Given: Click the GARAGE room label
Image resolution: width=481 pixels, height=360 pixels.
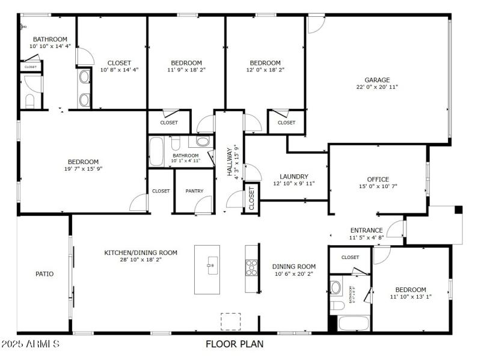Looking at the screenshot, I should [377, 79].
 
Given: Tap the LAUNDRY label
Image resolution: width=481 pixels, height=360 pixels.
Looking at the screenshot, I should [294, 177].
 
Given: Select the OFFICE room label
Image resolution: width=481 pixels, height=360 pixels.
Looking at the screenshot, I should [378, 179].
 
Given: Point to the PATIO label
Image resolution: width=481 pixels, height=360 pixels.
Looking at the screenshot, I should [44, 274].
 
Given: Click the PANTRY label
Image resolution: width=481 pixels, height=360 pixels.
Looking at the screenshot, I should [194, 191].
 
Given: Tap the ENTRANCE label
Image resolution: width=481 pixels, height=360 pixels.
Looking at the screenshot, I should [366, 230].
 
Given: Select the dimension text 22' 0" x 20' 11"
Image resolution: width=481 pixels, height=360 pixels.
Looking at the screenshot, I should [377, 87].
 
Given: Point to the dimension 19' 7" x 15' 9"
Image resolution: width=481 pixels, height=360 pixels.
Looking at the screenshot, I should [83, 169].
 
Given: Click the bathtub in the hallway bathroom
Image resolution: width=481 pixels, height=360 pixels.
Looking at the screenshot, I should [156, 151].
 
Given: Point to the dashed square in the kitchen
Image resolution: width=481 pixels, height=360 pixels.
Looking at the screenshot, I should [230, 321].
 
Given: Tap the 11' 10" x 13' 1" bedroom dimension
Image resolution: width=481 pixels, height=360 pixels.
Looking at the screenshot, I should [411, 297].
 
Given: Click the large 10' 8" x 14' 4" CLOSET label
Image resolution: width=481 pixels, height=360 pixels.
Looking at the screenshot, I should [119, 70].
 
